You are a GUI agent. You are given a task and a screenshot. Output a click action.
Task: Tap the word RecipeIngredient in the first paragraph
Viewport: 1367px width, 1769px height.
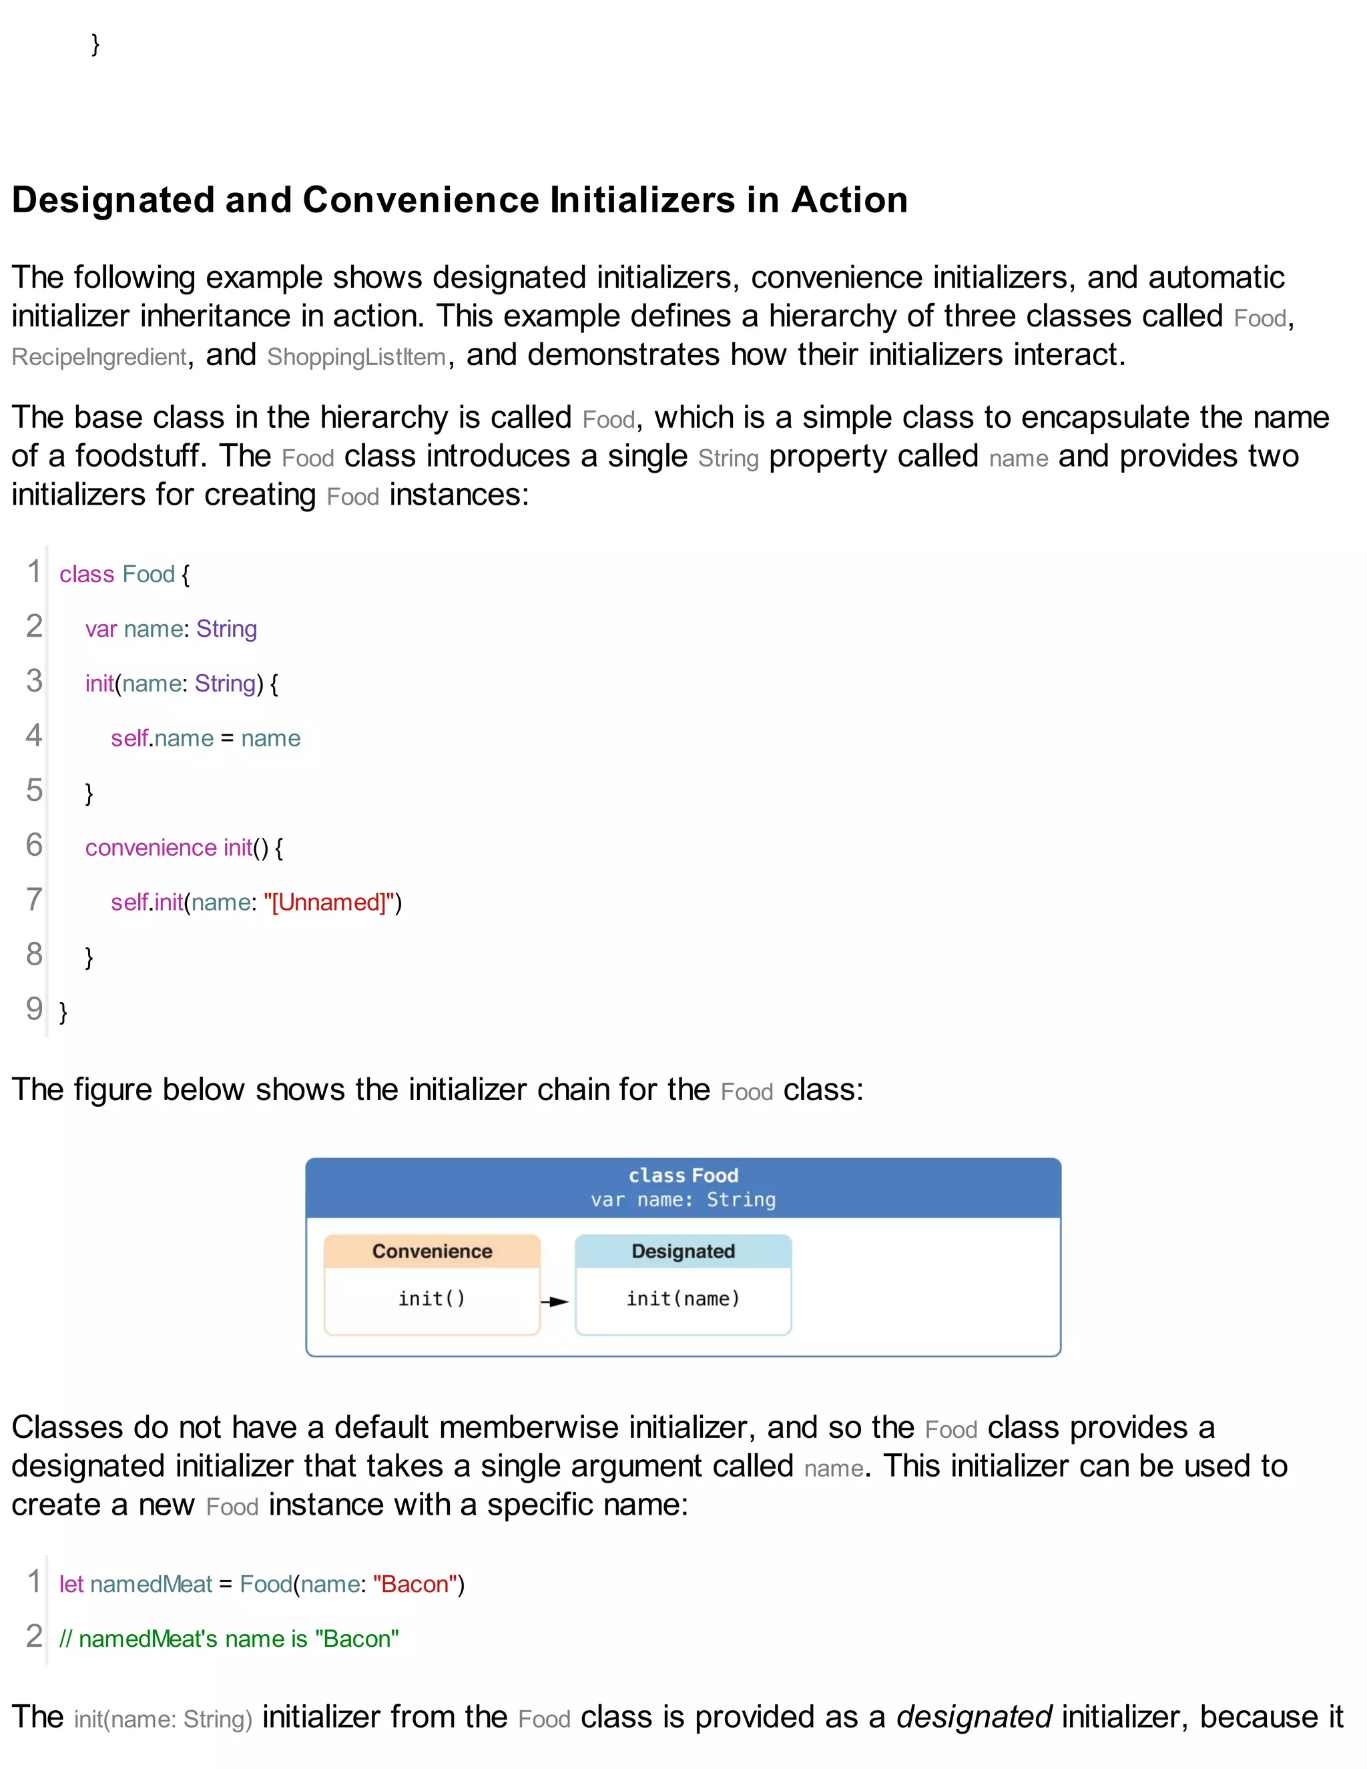point(99,357)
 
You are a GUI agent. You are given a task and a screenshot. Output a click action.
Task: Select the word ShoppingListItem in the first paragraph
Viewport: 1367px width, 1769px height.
point(356,357)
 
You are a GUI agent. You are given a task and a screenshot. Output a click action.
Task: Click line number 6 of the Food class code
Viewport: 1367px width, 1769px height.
point(34,845)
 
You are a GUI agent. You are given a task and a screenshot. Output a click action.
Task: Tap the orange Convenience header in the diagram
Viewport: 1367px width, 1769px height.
point(432,1252)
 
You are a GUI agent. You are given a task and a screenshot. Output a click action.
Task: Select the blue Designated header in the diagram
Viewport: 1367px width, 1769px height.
point(683,1252)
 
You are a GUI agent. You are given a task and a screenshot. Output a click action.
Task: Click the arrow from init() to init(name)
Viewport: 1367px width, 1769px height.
point(555,1302)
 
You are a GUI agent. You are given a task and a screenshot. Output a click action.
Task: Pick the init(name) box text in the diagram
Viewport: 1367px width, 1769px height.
point(683,1299)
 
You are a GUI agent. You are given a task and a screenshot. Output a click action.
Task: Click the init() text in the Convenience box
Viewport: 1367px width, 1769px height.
point(432,1299)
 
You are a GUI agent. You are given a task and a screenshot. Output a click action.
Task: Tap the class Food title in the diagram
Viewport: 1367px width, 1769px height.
point(683,1176)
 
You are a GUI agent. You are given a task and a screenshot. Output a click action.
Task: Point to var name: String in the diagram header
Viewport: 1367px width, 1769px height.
point(683,1200)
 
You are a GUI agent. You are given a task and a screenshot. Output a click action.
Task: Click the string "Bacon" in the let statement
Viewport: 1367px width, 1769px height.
point(415,1584)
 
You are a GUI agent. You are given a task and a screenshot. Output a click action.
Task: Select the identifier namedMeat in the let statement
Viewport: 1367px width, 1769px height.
point(151,1584)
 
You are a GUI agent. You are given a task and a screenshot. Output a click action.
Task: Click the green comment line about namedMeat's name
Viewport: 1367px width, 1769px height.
point(229,1639)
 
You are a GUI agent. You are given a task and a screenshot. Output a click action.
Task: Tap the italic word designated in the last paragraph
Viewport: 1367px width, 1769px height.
point(973,1717)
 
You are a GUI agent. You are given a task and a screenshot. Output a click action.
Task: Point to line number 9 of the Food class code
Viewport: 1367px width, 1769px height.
point(34,1009)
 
